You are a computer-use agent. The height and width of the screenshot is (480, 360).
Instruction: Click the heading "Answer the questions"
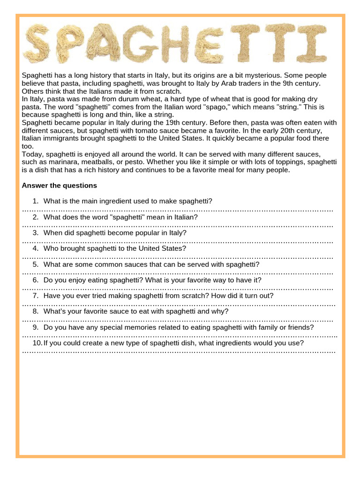point(60,186)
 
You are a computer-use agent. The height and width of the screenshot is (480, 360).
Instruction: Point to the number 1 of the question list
point(35,201)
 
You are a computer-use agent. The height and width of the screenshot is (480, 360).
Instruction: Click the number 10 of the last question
point(37,343)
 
